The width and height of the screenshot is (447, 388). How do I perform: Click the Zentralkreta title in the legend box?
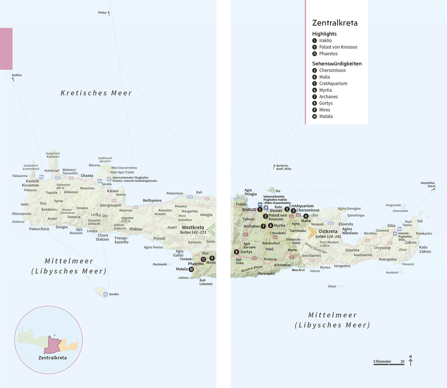tap(335, 23)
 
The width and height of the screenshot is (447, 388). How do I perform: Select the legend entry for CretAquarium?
tap(333, 83)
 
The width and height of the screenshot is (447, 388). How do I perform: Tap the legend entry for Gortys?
tap(326, 103)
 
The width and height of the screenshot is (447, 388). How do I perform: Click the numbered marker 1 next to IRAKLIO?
tap(260, 209)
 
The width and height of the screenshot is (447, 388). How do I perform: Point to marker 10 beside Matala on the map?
tap(191, 269)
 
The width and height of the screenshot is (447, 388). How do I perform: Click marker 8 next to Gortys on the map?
tap(236, 252)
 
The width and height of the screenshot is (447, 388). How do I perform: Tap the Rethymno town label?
tap(152, 200)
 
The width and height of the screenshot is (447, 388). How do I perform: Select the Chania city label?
tap(87, 176)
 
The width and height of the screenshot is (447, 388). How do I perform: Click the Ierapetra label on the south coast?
tap(342, 266)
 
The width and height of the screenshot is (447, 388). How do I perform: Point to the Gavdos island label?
tap(114, 294)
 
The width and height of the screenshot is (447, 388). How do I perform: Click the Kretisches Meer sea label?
tap(96, 93)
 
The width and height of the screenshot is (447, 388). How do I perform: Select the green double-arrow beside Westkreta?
tap(211, 230)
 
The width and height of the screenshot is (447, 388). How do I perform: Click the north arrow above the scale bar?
tap(411, 361)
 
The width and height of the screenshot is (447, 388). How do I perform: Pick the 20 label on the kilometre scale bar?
tap(402, 361)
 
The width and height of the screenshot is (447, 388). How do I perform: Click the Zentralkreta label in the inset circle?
tap(52, 358)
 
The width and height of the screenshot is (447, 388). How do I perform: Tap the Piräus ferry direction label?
tap(102, 13)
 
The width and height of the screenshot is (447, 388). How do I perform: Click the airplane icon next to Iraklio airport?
tap(266, 208)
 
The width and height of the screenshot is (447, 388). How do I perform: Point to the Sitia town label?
tap(391, 226)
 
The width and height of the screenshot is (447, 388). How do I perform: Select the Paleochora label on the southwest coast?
tap(39, 229)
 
